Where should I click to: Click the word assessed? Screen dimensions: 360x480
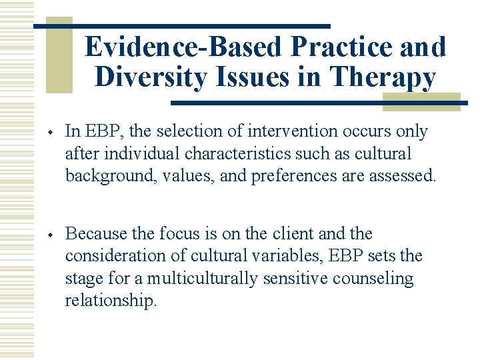click(x=402, y=175)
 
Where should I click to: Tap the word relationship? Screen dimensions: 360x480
click(x=111, y=300)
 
